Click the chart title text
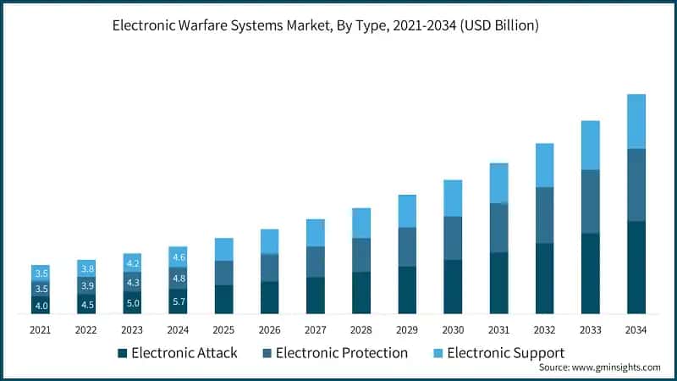tap(338, 26)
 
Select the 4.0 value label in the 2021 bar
tap(41, 305)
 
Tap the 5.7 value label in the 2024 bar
tap(179, 301)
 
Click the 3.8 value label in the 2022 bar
tap(87, 268)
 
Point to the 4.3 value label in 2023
tap(133, 282)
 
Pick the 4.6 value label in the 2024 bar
tap(179, 257)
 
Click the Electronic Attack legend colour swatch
tap(124, 353)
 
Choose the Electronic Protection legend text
tap(342, 353)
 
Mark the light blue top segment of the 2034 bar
tap(636, 121)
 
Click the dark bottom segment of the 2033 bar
tap(590, 273)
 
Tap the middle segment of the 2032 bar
tap(544, 215)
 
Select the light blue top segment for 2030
tap(453, 198)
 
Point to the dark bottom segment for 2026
tap(270, 297)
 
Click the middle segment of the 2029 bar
tap(407, 246)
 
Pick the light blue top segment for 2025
tap(224, 249)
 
